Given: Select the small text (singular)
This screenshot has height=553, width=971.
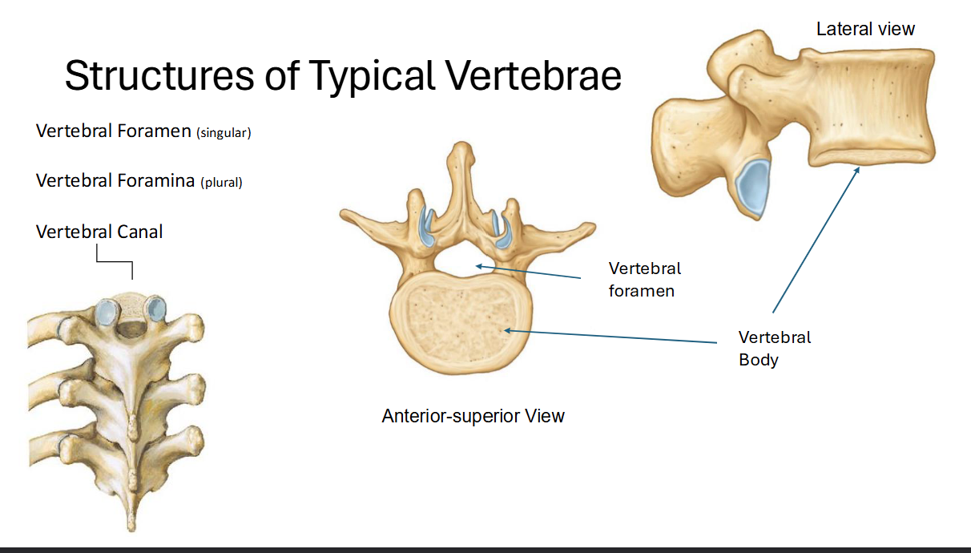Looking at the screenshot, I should (224, 133).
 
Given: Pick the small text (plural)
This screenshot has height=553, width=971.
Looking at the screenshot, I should (221, 183).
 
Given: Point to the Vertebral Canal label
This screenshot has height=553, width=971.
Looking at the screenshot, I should (99, 232).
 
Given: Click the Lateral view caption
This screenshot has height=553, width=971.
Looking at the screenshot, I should (865, 30).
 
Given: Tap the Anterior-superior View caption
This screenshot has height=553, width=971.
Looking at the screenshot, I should (473, 416).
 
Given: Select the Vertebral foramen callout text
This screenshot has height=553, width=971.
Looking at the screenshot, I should (644, 279).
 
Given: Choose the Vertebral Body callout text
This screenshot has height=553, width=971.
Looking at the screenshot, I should (774, 348).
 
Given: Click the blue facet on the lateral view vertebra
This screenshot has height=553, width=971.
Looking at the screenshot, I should (754, 187).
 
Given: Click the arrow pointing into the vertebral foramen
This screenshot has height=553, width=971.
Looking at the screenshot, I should (529, 271).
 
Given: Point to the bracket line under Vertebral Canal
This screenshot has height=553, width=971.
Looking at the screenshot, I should (115, 262).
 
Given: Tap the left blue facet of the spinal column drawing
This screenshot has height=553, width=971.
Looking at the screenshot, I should (106, 312).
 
